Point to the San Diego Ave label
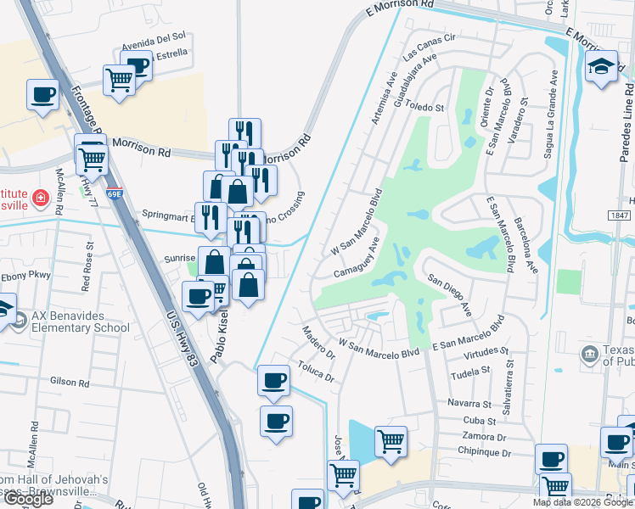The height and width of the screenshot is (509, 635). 449,294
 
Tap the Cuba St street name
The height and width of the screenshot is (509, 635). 480,421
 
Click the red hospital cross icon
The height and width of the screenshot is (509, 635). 39,199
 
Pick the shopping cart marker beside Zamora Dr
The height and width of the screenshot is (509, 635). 391,440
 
